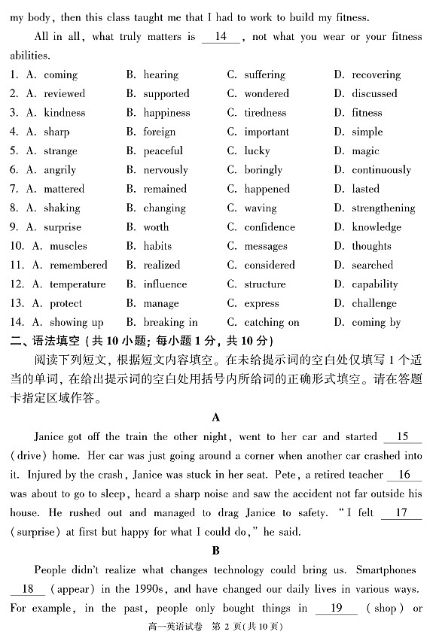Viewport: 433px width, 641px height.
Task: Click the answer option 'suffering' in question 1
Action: [x=264, y=74]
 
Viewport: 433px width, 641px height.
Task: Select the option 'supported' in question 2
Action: [x=166, y=93]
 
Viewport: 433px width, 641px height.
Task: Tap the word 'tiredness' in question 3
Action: [x=265, y=113]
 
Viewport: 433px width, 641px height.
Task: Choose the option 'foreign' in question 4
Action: [x=159, y=132]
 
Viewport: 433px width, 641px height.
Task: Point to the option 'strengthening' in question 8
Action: [x=383, y=208]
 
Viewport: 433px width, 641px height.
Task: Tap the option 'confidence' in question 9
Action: [x=270, y=226]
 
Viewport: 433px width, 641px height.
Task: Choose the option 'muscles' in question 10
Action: [x=69, y=246]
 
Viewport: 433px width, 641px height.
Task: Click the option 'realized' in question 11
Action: [x=162, y=265]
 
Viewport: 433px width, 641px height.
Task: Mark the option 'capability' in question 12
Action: [x=374, y=284]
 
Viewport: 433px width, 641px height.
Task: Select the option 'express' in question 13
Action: [x=261, y=303]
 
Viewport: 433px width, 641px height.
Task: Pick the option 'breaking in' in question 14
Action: [x=170, y=322]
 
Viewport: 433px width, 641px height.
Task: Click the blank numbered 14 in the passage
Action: [x=221, y=37]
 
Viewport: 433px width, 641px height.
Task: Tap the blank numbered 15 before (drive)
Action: [x=401, y=437]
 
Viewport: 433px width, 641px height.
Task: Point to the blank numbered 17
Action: [x=401, y=513]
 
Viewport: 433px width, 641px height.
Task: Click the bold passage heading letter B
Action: [x=216, y=551]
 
